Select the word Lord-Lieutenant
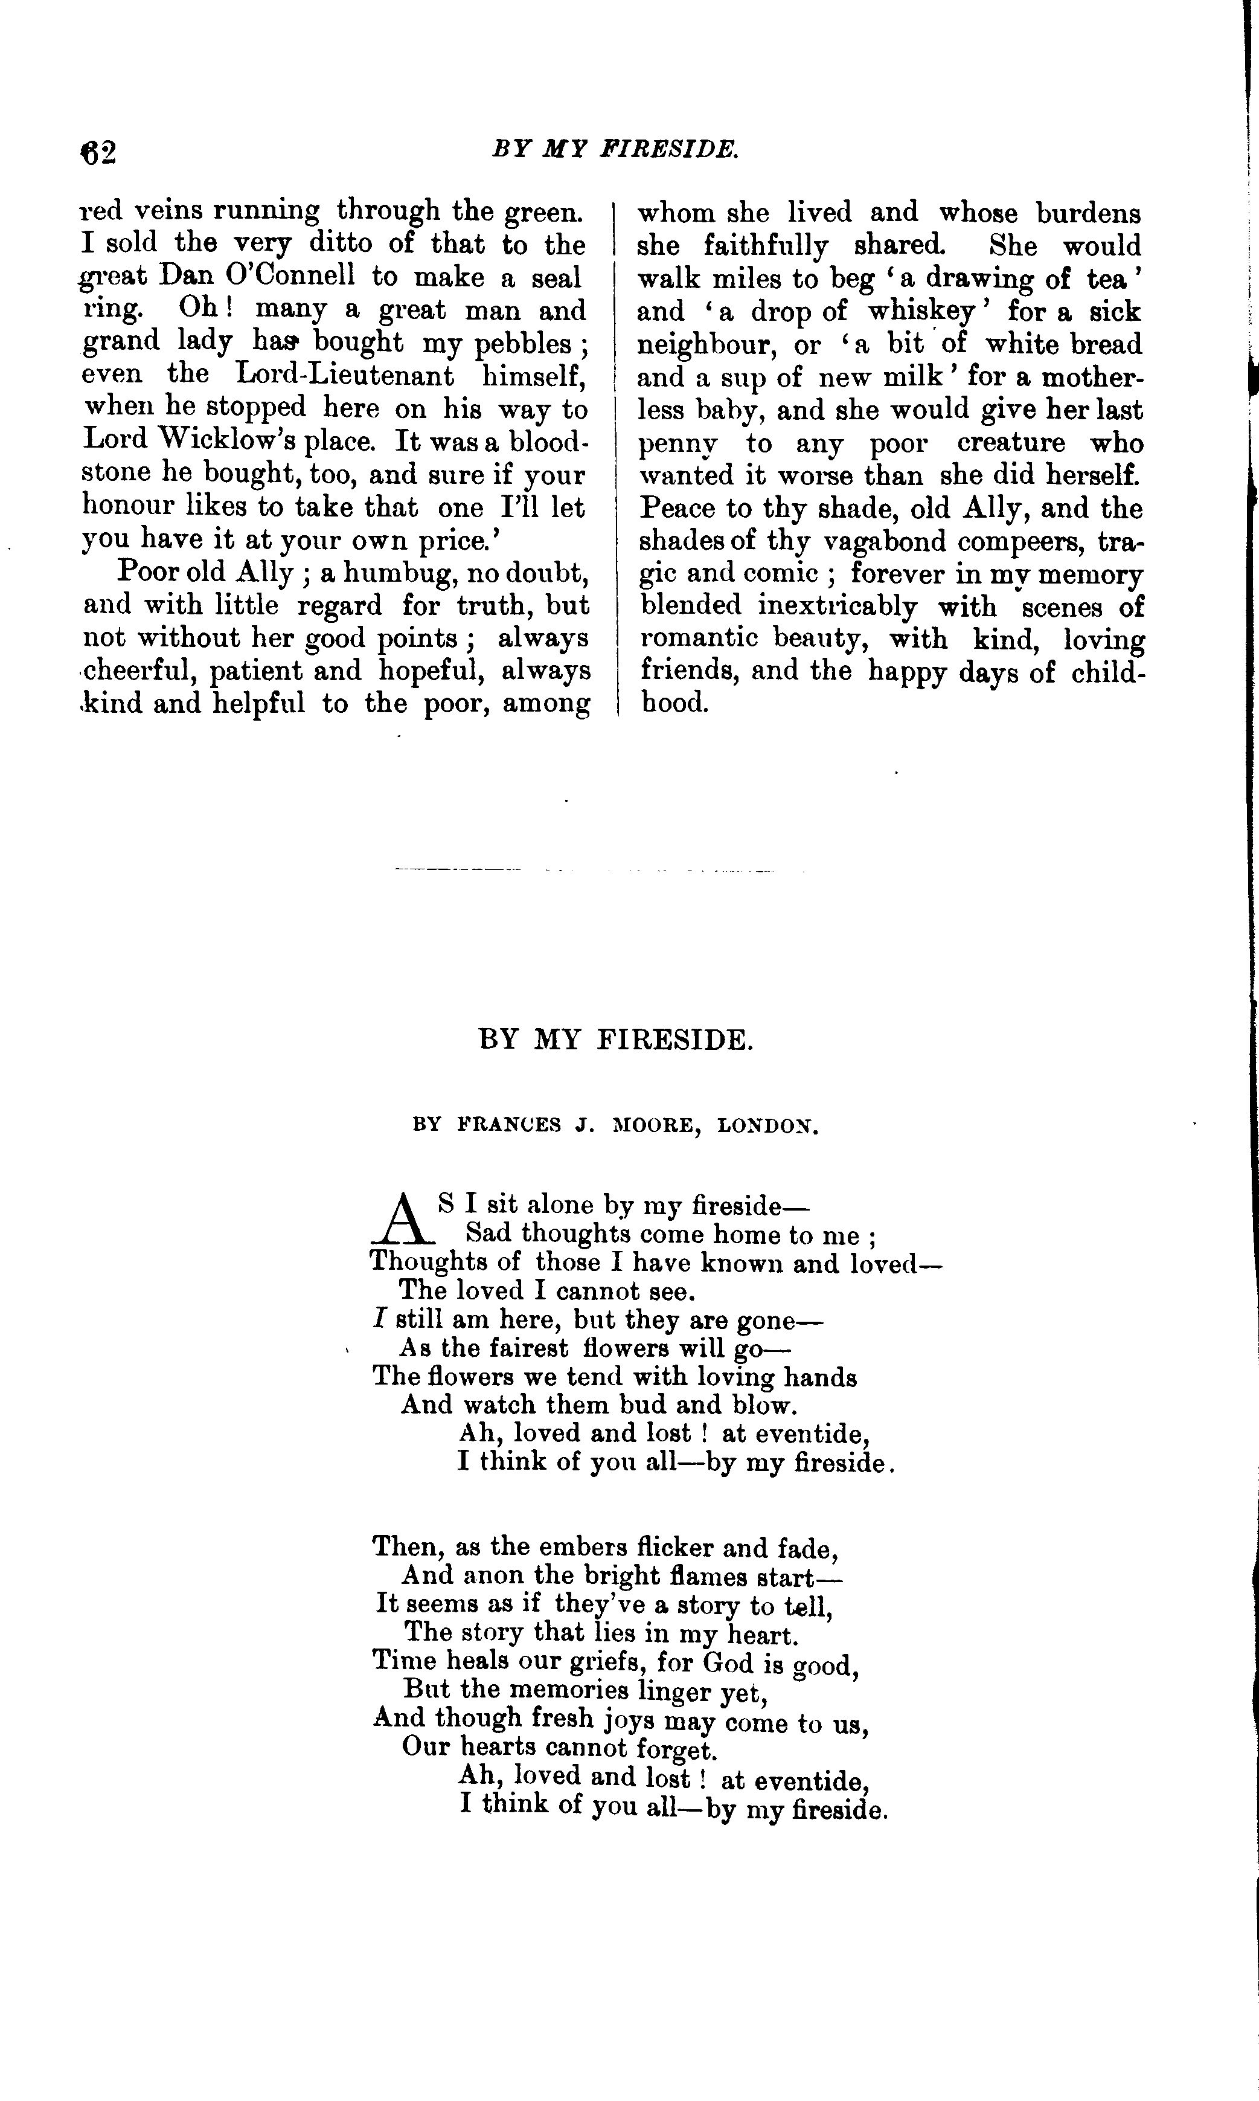(x=344, y=375)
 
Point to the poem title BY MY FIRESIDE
(x=616, y=1040)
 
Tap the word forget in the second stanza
(x=675, y=1749)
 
